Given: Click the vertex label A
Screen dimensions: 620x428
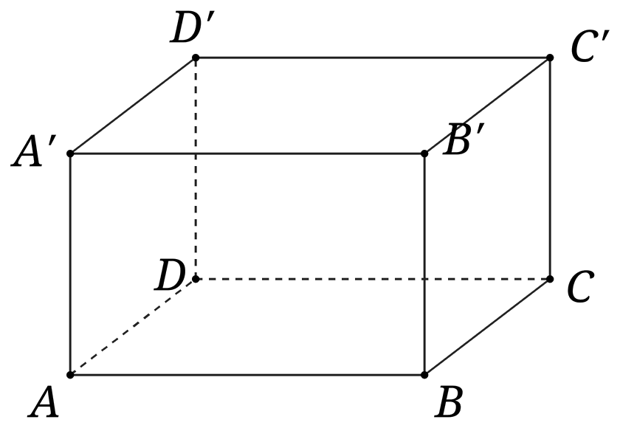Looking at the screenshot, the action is tap(44, 403).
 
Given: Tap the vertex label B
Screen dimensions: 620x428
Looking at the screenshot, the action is tap(449, 403).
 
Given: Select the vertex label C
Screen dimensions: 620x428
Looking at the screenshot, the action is tap(580, 286).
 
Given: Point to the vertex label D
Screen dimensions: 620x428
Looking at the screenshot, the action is tap(170, 275).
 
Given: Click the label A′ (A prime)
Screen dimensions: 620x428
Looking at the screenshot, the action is tap(34, 151).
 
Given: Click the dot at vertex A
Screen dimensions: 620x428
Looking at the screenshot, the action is tap(70, 375).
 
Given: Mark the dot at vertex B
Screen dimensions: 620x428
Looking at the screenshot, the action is tap(424, 375).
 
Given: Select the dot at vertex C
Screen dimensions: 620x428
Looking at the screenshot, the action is tap(550, 279).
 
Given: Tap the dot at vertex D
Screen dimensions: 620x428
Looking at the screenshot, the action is tap(196, 279).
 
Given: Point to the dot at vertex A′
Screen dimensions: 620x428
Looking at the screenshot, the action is tap(70, 153).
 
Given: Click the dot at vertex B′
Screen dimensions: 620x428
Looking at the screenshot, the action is tap(424, 153).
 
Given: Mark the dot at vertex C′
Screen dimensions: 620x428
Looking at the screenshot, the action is tap(550, 58).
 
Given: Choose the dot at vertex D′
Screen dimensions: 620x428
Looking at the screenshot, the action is tap(196, 58).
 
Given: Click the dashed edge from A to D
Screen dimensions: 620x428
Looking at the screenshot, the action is tap(132, 327).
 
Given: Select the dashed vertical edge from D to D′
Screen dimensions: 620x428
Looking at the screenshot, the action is tap(196, 168).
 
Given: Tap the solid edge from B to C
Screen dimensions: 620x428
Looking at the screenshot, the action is tap(486, 327).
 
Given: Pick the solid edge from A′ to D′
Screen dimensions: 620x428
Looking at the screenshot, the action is tap(132, 106).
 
